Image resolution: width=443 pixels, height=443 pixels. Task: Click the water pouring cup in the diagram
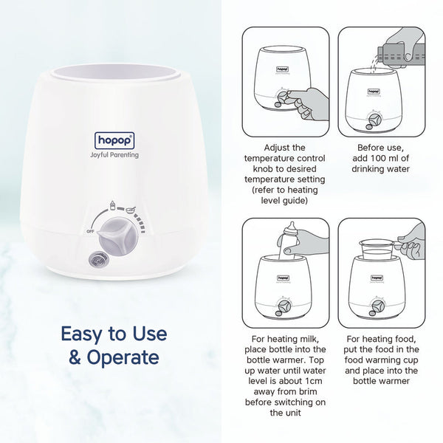[x=397, y=52]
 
